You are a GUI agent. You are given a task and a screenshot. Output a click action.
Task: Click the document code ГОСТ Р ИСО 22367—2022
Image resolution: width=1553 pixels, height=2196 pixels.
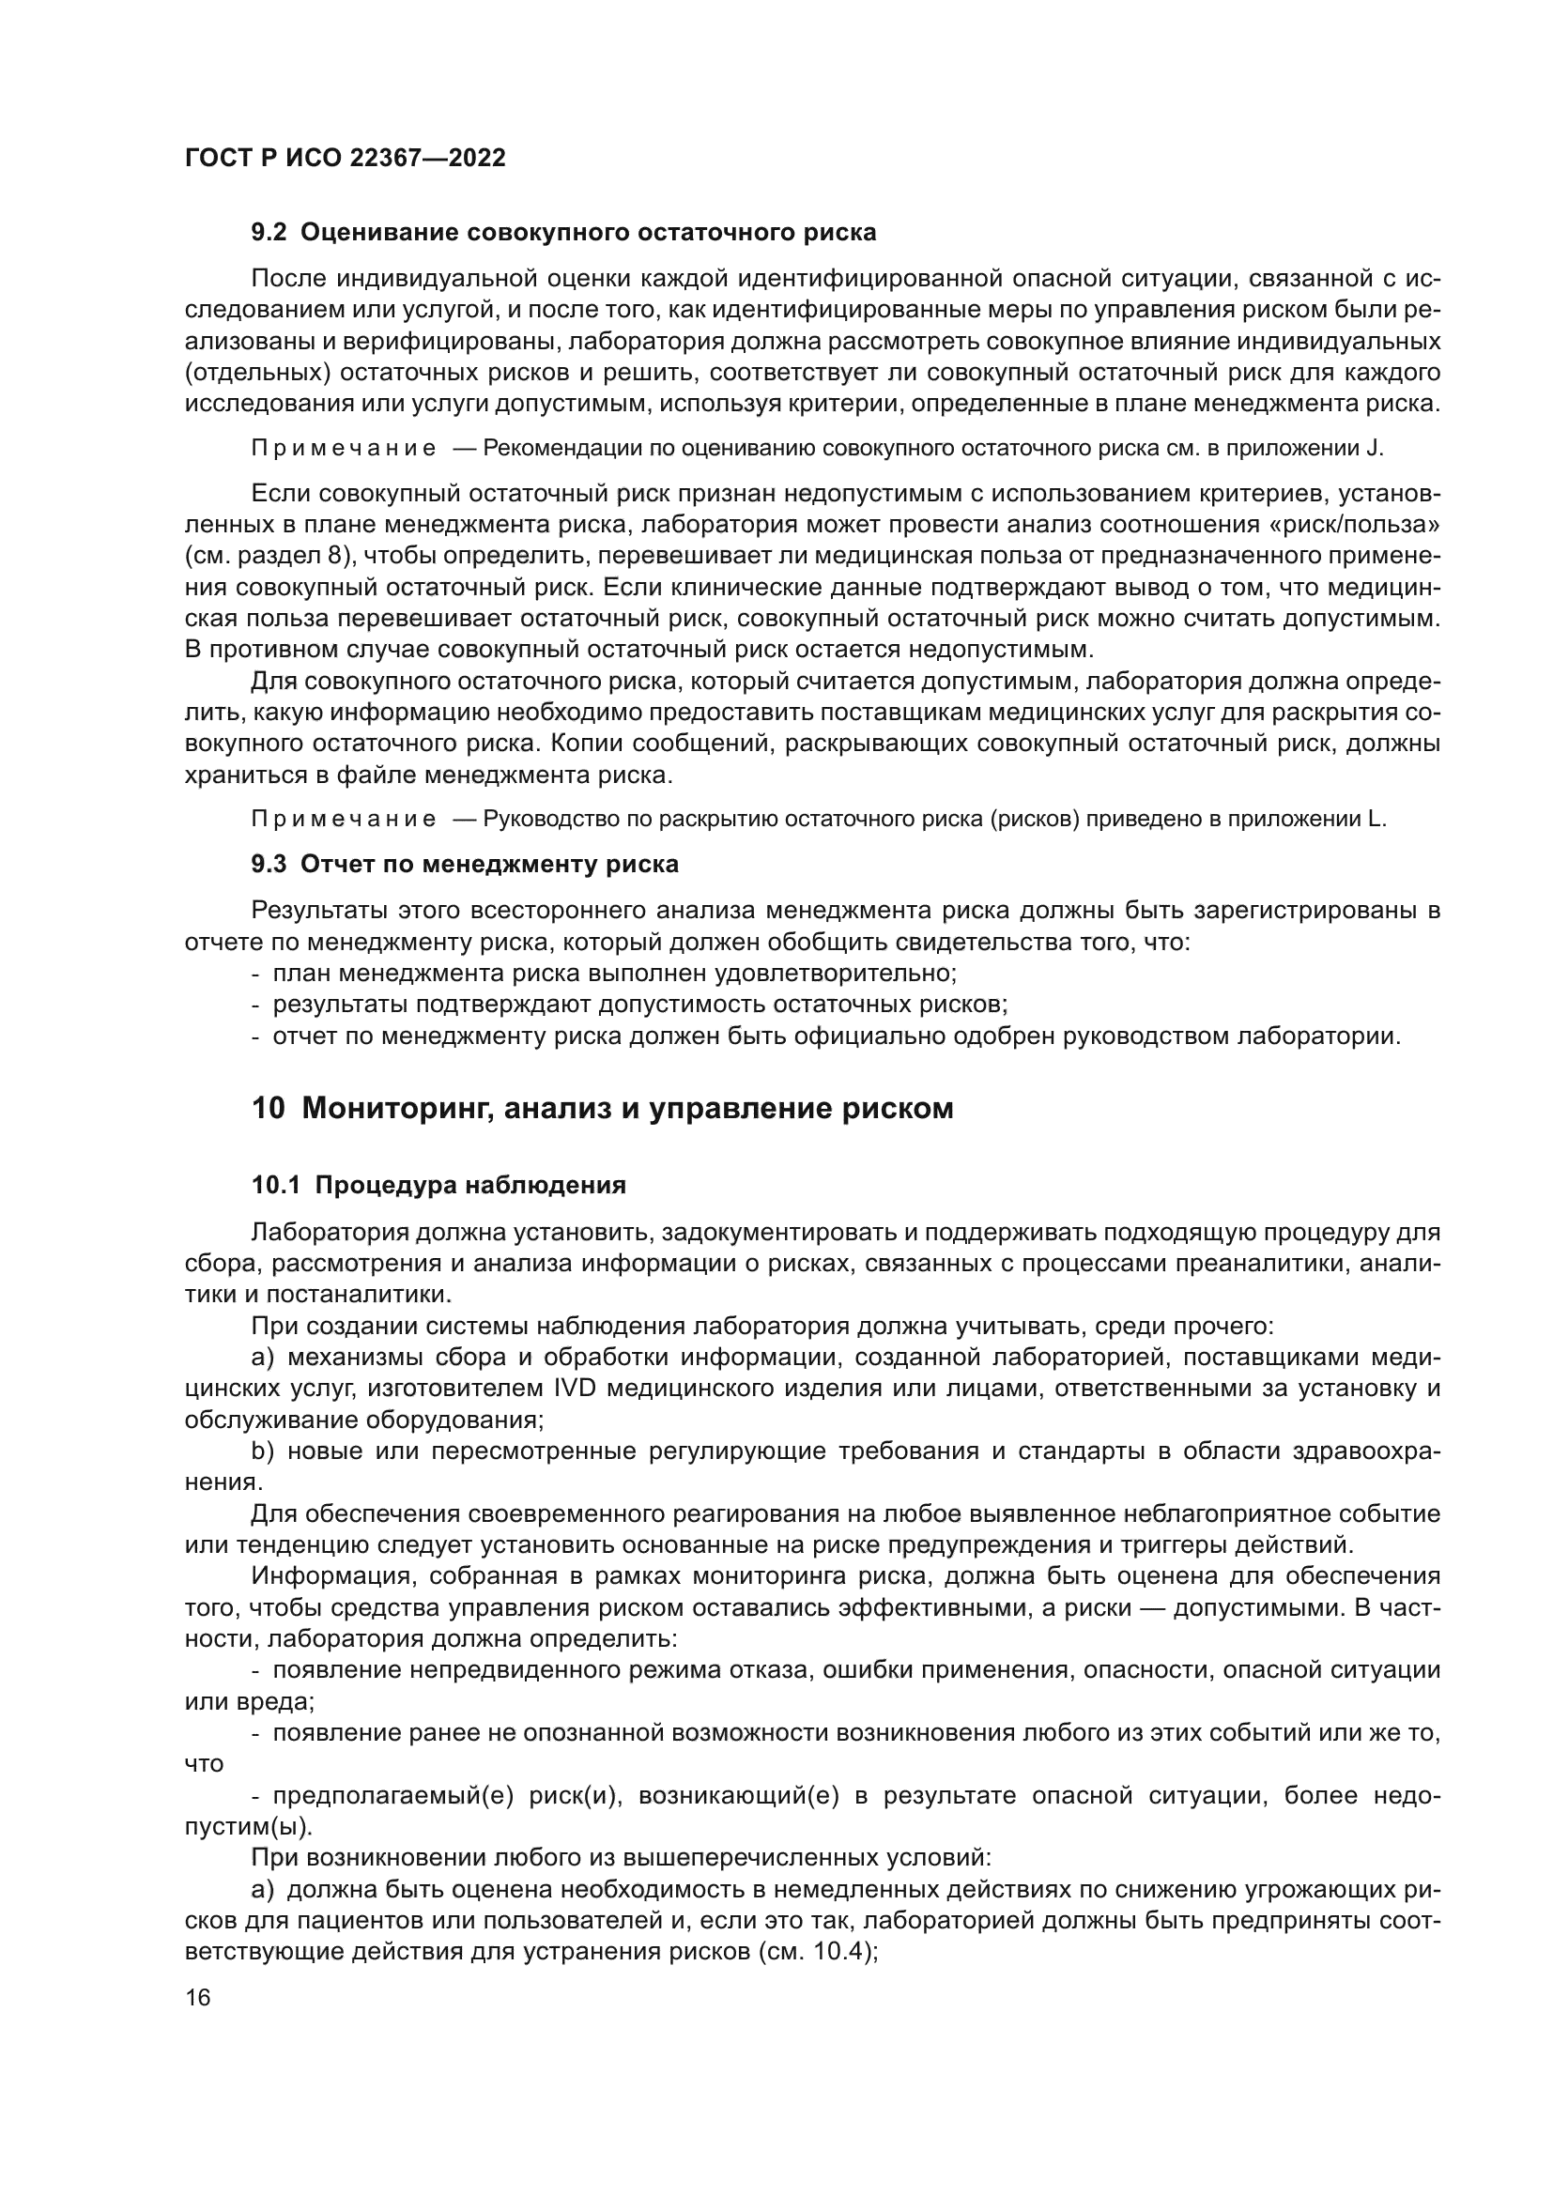coord(346,158)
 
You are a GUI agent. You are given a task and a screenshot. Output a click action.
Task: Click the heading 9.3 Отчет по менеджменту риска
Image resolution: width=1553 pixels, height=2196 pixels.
coord(465,864)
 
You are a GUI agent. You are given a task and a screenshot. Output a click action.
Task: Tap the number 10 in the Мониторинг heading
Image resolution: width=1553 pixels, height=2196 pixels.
coord(269,1108)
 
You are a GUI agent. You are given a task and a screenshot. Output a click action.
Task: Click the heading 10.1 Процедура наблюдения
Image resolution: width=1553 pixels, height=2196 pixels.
coord(438,1185)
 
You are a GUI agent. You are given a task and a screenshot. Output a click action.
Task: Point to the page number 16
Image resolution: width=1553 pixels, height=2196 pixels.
coord(198,1997)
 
